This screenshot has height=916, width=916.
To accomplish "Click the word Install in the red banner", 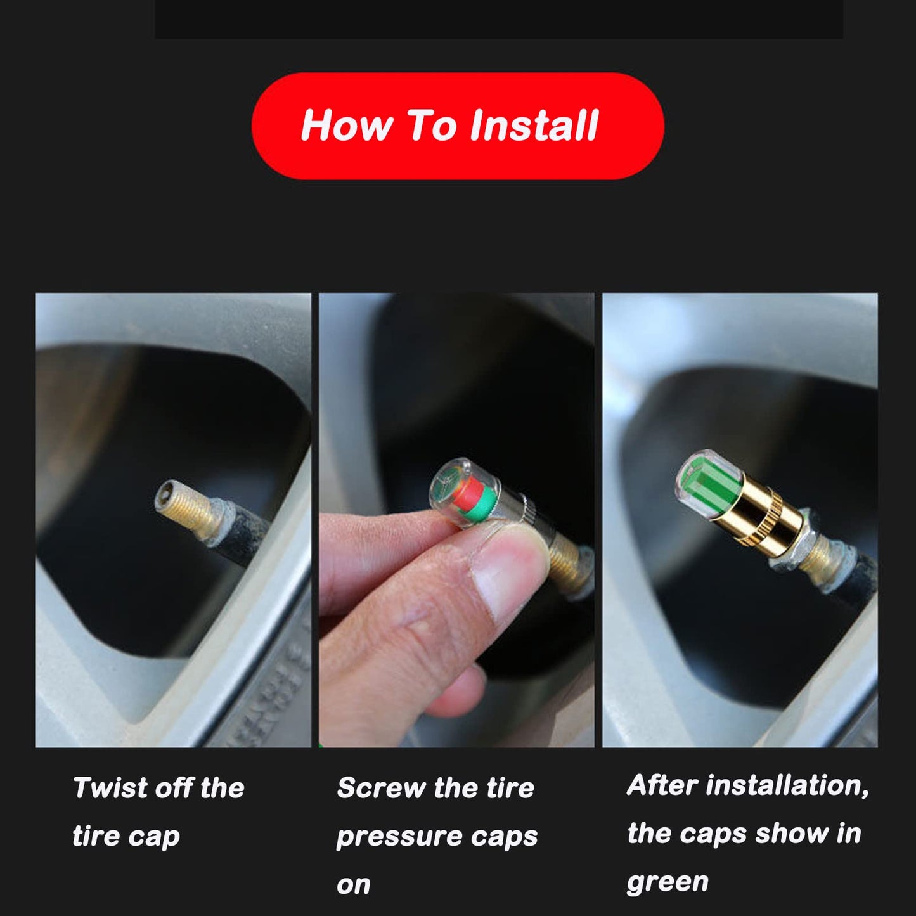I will tap(534, 125).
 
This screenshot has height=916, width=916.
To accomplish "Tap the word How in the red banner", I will tap(346, 125).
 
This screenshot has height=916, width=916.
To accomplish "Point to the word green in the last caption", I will tap(668, 882).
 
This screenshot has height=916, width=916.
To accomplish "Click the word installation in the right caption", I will tap(787, 785).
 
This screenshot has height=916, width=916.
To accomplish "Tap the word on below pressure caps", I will tap(353, 885).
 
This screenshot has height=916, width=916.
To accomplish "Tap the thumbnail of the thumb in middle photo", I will tap(501, 574).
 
